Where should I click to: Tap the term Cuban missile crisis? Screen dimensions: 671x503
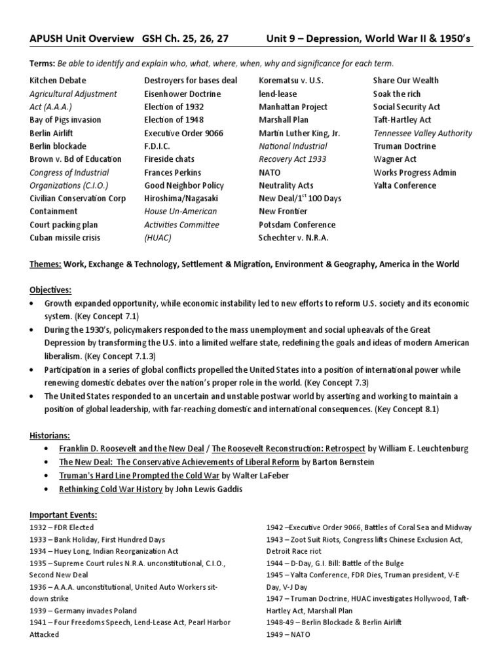[65, 238]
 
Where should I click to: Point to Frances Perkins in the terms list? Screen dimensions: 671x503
[172, 172]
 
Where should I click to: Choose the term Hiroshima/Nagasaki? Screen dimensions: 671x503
[181, 199]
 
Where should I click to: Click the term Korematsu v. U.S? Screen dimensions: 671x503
[291, 81]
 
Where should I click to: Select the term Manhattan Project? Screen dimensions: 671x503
[292, 107]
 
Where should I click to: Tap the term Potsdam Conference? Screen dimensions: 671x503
[297, 225]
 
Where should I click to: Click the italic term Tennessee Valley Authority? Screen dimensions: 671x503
[422, 133]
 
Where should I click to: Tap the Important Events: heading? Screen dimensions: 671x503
[63, 514]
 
